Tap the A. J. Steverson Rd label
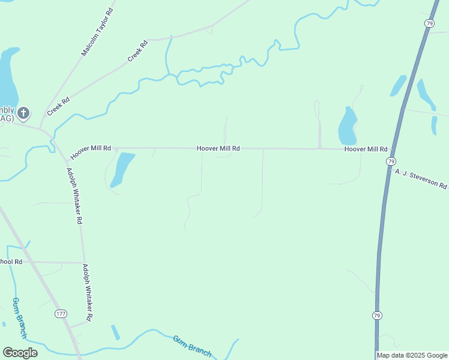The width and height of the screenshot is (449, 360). click(421, 179)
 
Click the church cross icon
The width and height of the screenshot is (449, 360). click(23, 112)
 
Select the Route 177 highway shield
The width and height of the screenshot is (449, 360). click(61, 314)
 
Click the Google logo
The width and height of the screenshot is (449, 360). click(20, 353)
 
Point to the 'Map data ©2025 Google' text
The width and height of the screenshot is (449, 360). click(412, 355)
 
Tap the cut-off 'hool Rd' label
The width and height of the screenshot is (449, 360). click(11, 262)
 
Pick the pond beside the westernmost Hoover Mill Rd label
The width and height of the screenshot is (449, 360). click(122, 169)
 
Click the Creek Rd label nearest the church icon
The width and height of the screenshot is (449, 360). click(58, 107)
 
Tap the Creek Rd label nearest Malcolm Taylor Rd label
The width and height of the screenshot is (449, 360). click(137, 52)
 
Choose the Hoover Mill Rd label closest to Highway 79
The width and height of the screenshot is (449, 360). click(366, 149)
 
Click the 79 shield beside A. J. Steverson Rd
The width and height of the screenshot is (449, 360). click(391, 161)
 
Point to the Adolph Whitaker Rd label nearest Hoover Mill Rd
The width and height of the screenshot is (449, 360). click(74, 196)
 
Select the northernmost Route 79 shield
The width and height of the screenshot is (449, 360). click(429, 23)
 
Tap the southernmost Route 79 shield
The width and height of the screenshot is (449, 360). click(376, 315)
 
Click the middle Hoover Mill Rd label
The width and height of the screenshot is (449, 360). click(218, 148)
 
